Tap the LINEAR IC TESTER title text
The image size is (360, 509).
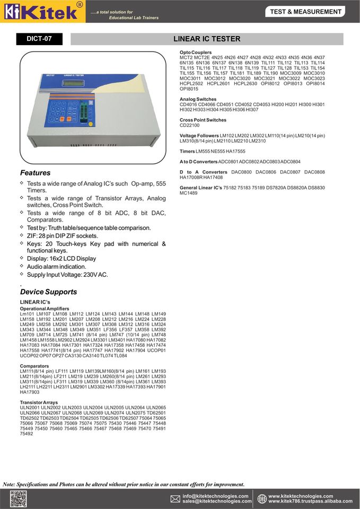tap(207, 39)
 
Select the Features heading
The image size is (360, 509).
tap(35, 173)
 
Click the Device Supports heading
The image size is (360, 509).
tap(48, 292)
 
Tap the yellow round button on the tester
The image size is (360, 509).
tap(91, 125)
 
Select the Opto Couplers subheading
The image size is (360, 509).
tap(196, 52)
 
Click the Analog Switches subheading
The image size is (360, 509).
tap(198, 99)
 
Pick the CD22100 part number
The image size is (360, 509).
tap(190, 125)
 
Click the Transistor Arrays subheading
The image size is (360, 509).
tap(39, 402)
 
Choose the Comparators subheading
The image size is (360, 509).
tap(34, 366)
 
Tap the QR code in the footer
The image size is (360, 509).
tap(18, 499)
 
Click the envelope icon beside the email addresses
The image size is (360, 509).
tap(175, 499)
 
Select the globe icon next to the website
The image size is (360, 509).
tap(262, 499)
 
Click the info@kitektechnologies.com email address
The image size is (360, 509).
tap(215, 496)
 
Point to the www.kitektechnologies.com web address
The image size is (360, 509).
tap(301, 496)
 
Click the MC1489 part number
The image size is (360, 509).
tap(189, 193)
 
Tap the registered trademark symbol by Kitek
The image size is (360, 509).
tap(80, 4)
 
